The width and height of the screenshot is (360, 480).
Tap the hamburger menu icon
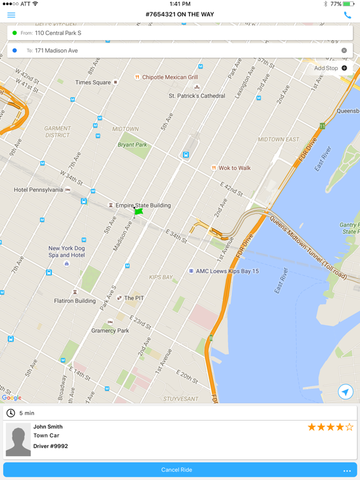(11, 14)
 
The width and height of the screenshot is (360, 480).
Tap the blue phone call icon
(347, 14)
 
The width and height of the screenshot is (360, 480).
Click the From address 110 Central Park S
(58, 32)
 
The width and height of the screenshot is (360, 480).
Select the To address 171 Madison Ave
(56, 50)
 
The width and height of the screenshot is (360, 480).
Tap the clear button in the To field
(344, 50)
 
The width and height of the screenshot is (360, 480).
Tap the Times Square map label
(92, 82)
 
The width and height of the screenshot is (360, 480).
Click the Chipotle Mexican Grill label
(169, 77)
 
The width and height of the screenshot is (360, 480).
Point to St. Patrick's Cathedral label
(197, 96)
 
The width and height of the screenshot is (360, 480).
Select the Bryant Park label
(132, 144)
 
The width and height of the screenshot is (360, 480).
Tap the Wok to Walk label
(234, 167)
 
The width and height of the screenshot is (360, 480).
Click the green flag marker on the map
(138, 212)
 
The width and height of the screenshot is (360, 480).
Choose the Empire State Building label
(142, 205)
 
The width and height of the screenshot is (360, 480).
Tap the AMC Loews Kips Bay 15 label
(227, 271)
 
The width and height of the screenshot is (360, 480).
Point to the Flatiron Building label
(76, 301)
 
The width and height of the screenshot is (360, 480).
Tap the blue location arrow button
(345, 392)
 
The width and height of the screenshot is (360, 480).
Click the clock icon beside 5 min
(11, 413)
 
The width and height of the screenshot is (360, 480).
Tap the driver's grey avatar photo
(18, 440)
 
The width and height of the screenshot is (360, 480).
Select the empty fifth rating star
(349, 427)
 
